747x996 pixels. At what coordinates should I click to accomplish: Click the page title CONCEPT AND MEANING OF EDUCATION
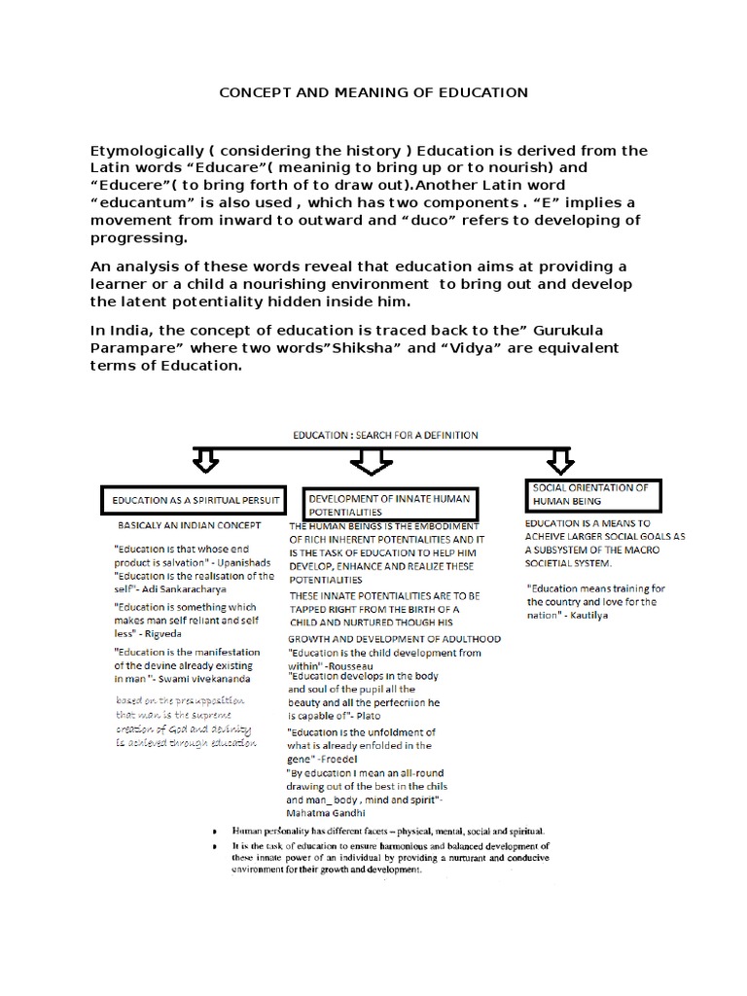pos(373,92)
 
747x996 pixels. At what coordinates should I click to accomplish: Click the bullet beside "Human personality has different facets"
pos(215,833)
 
